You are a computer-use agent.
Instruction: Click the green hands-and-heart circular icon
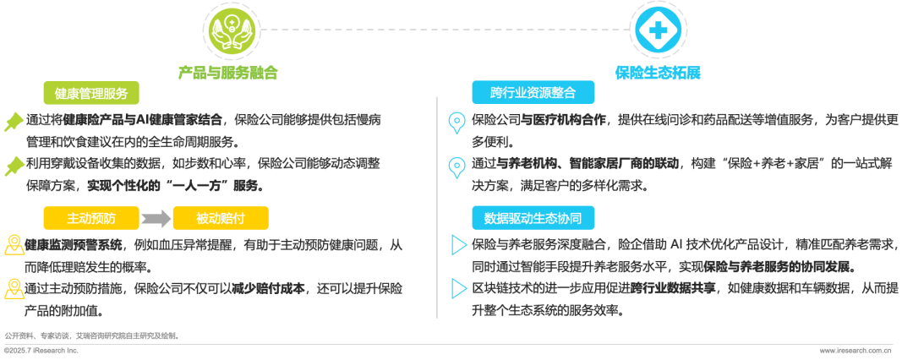[x=231, y=29]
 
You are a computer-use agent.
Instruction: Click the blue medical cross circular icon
[x=658, y=30]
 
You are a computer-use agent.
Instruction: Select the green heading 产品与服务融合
[x=227, y=73]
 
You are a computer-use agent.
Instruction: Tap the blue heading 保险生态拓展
[x=658, y=73]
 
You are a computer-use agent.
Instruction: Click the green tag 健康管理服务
[x=91, y=93]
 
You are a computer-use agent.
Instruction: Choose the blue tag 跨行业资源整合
[x=533, y=93]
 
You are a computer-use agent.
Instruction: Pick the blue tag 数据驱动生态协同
[x=533, y=218]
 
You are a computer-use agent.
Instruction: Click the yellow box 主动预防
[x=91, y=218]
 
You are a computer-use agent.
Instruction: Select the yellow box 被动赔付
[x=221, y=218]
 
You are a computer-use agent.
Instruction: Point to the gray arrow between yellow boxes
[x=156, y=219]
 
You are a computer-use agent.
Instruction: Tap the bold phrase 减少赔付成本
[x=269, y=288]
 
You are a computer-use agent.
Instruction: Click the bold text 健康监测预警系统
[x=74, y=245]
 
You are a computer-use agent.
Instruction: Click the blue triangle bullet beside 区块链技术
[x=459, y=288]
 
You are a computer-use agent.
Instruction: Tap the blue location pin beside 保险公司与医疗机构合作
[x=456, y=123]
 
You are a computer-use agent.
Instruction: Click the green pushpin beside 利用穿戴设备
[x=14, y=166]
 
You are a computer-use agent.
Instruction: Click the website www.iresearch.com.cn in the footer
[x=856, y=351]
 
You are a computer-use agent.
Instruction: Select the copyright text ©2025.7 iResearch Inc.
[x=41, y=351]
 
